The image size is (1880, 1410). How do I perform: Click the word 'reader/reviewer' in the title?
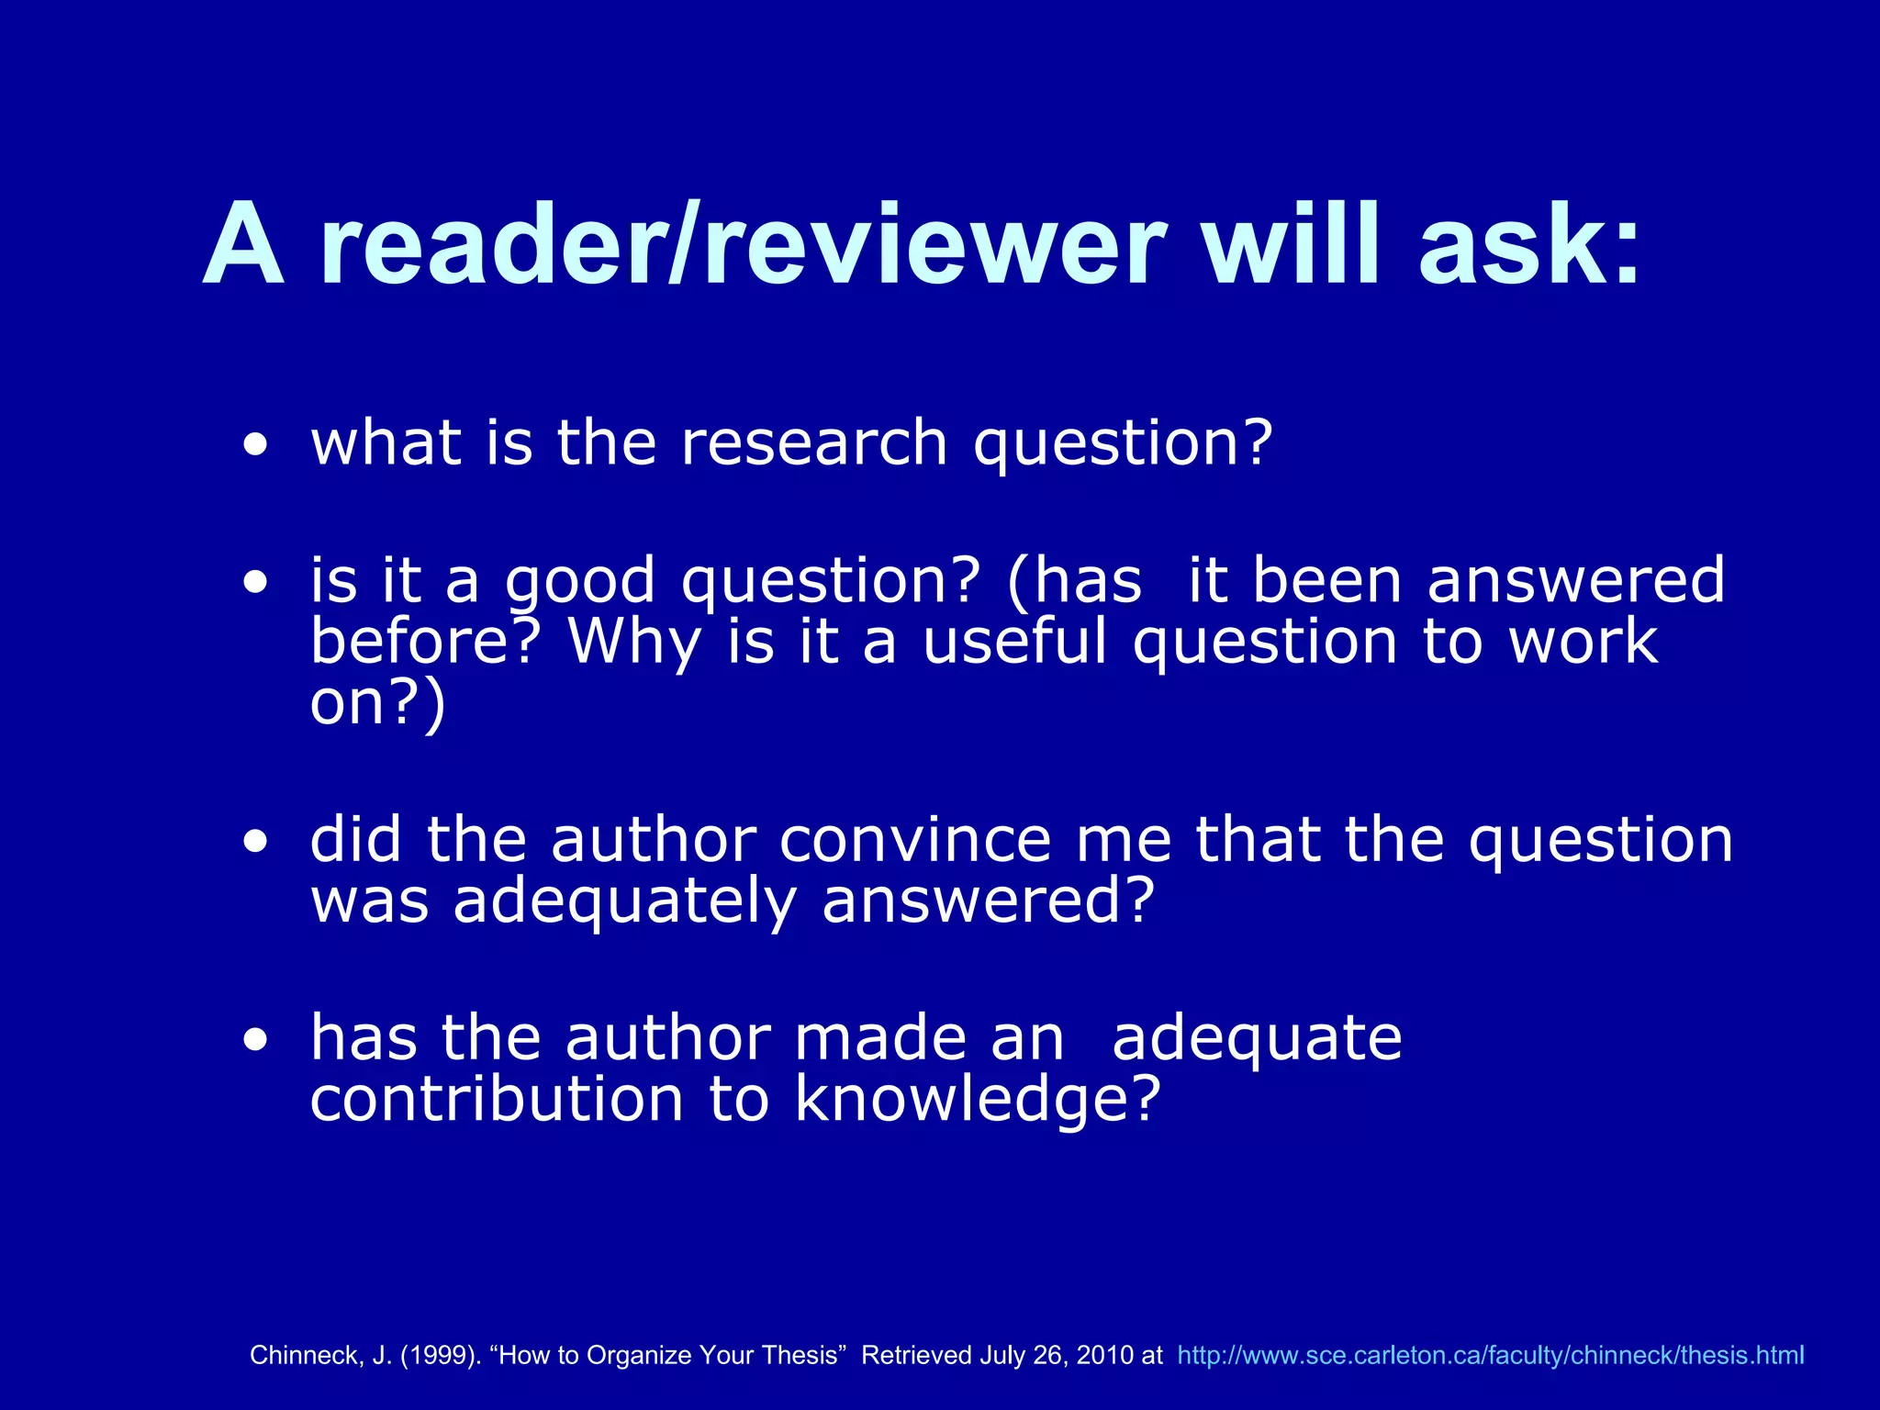click(x=742, y=246)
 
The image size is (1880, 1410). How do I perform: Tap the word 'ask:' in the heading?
click(x=1529, y=246)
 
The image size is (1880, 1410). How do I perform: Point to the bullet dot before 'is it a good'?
click(x=256, y=583)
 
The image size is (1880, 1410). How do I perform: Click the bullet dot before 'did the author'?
click(x=256, y=843)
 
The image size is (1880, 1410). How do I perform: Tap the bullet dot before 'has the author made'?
click(x=256, y=1040)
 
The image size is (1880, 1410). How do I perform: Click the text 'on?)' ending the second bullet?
click(x=377, y=704)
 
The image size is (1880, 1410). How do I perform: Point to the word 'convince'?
click(x=915, y=841)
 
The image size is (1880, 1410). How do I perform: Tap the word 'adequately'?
click(x=624, y=902)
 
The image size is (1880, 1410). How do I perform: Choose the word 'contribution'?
click(x=497, y=1100)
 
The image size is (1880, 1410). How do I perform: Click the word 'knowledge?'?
click(x=978, y=1100)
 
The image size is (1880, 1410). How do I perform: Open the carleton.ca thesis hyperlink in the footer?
click(x=1490, y=1355)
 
